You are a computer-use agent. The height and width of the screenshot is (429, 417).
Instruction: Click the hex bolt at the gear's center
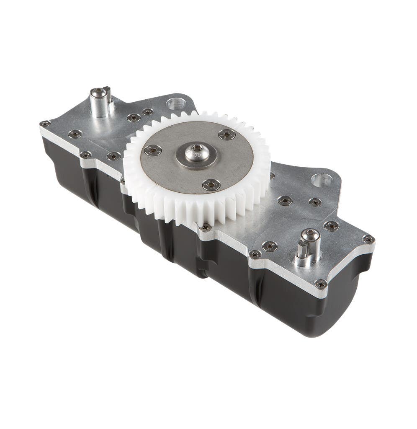197,152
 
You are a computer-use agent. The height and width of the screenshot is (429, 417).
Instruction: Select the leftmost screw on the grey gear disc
153,150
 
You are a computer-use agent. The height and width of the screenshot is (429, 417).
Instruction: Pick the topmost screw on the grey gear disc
227,134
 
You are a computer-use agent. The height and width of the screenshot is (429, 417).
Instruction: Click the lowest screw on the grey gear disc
211,184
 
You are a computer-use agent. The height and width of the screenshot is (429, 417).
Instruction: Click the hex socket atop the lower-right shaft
311,235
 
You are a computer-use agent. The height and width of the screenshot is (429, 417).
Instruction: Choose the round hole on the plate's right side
322,180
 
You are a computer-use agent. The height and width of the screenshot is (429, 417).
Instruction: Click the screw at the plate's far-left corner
45,124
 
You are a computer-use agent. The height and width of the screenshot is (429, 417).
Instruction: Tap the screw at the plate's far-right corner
368,239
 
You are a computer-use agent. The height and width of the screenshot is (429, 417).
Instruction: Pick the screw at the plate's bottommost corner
321,284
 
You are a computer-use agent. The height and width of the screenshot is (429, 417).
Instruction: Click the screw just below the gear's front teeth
206,227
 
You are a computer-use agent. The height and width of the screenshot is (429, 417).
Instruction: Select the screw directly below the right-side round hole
315,202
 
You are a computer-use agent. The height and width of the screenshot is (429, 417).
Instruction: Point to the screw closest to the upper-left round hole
147,112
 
